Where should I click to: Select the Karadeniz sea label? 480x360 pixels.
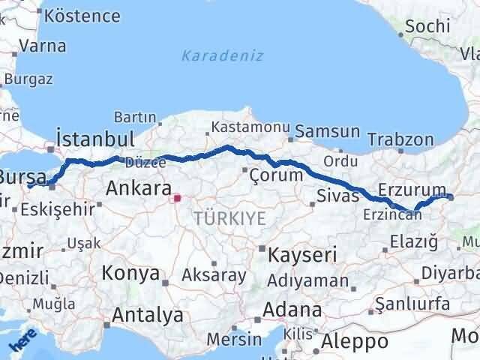coord(212,55)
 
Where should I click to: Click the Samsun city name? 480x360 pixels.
coord(328,131)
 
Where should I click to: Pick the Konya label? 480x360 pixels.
coord(131,271)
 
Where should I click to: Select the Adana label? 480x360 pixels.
coord(296,309)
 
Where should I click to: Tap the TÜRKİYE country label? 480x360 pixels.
coord(229,218)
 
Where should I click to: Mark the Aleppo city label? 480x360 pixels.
coord(353,342)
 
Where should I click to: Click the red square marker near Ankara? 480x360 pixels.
coord(178,199)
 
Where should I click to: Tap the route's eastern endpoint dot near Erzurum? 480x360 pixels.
coord(451,197)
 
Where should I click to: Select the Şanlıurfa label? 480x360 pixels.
coord(412,303)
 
